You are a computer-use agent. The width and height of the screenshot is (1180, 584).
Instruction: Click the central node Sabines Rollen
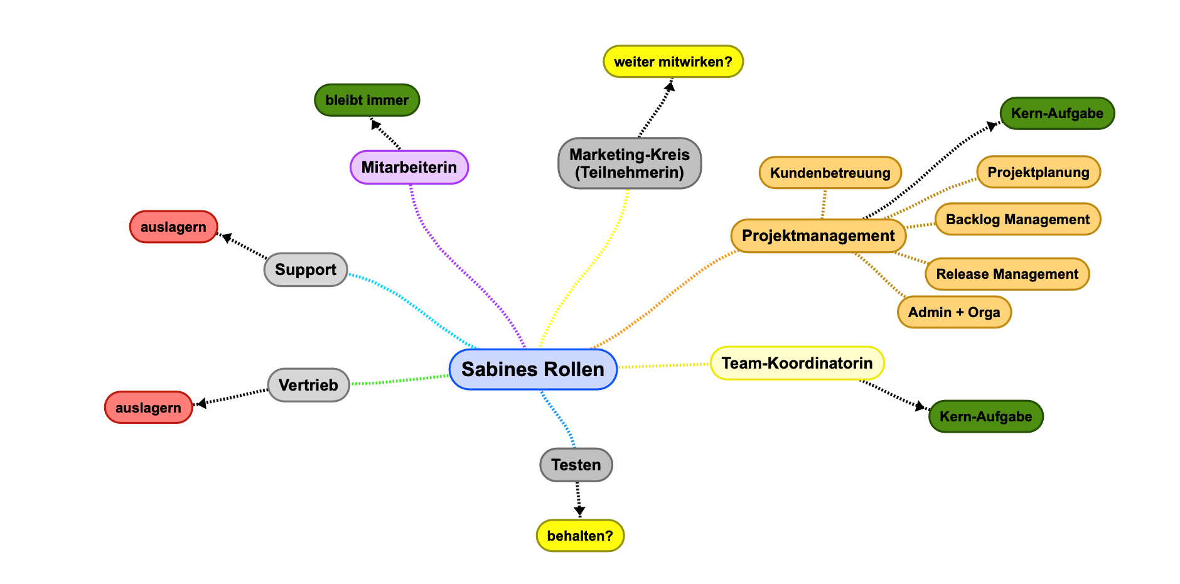pyautogui.click(x=533, y=369)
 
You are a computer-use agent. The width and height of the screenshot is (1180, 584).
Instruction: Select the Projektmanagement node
pyautogui.click(x=818, y=236)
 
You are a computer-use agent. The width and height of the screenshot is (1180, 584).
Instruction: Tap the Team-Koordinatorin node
pyautogui.click(x=796, y=364)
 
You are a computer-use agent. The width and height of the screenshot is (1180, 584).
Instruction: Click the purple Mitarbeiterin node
pyautogui.click(x=409, y=167)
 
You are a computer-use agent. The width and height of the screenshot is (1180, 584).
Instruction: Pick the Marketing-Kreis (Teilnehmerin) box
pyautogui.click(x=629, y=163)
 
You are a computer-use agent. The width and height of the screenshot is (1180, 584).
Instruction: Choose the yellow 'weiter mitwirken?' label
pyautogui.click(x=673, y=62)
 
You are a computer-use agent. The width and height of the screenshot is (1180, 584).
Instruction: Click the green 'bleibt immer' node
pyautogui.click(x=367, y=100)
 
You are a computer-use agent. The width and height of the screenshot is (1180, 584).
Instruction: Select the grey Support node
pyautogui.click(x=305, y=270)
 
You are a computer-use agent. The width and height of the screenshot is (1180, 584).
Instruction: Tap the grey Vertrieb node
pyautogui.click(x=308, y=385)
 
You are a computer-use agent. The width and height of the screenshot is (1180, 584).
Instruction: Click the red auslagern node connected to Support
pyautogui.click(x=173, y=227)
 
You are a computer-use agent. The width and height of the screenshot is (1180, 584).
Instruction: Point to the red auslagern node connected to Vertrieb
pyautogui.click(x=148, y=408)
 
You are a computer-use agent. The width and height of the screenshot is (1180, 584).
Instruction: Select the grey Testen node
pyautogui.click(x=576, y=465)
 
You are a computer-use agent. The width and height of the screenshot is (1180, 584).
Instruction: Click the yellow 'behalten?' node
pyautogui.click(x=580, y=536)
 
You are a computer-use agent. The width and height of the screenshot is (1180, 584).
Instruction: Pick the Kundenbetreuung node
pyautogui.click(x=830, y=173)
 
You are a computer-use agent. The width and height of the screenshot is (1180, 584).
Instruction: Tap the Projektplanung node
pyautogui.click(x=1038, y=172)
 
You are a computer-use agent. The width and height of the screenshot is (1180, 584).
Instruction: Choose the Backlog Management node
pyautogui.click(x=1017, y=219)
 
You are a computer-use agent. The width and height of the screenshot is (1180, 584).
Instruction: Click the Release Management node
pyautogui.click(x=1007, y=274)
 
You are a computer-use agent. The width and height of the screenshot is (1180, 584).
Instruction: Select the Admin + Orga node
pyautogui.click(x=954, y=312)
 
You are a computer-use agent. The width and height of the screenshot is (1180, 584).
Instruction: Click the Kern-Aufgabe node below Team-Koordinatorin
pyautogui.click(x=985, y=416)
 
